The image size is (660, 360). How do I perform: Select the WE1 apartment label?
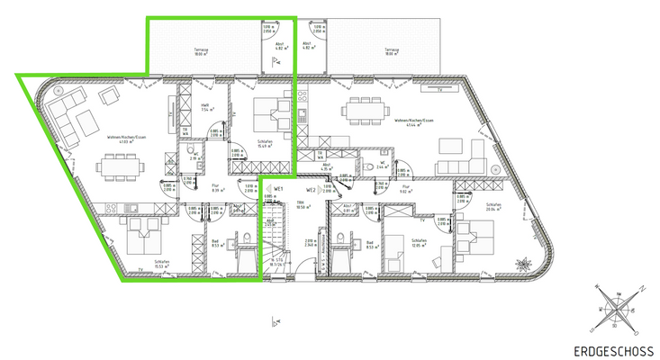coord(280,190)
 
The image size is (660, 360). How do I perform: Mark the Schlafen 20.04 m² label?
coord(493,206)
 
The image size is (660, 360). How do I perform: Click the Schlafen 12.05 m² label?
coord(417,244)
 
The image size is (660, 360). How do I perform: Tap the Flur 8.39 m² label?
coord(217,189)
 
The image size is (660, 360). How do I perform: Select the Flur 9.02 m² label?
coord(406,189)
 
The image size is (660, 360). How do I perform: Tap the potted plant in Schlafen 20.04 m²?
coord(523,263)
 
